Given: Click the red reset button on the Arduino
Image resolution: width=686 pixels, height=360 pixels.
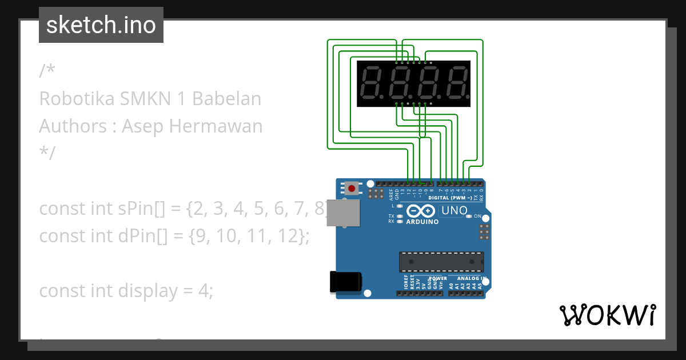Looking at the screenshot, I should tap(352, 188).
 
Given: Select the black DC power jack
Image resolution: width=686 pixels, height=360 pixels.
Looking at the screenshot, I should tap(345, 282).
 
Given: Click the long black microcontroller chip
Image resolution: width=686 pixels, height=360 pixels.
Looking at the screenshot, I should tap(441, 262).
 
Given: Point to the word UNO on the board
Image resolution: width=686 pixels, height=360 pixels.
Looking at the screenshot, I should tap(454, 211).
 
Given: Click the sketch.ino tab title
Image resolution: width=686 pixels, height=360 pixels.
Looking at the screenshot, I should tap(101, 25).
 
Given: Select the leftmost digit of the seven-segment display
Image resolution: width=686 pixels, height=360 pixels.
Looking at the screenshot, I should tap(374, 83).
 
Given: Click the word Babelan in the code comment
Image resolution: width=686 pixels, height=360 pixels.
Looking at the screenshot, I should tap(226, 99).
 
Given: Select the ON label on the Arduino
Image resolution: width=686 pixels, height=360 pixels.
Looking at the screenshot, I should tap(477, 216).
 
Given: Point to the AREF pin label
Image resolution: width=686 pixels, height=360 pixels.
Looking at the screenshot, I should tap(392, 194).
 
